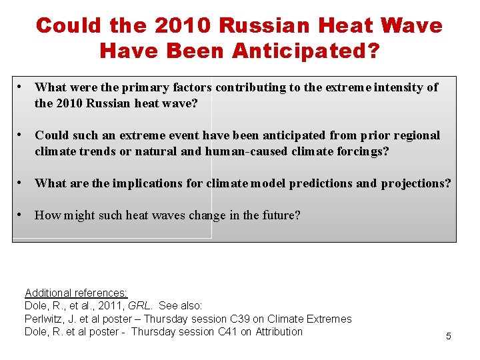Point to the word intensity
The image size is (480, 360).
click(395, 87)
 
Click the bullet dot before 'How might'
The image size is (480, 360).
click(23, 215)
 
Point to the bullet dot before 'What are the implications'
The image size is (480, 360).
click(23, 183)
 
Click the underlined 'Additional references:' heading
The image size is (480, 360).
click(76, 293)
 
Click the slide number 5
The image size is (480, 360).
click(448, 336)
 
